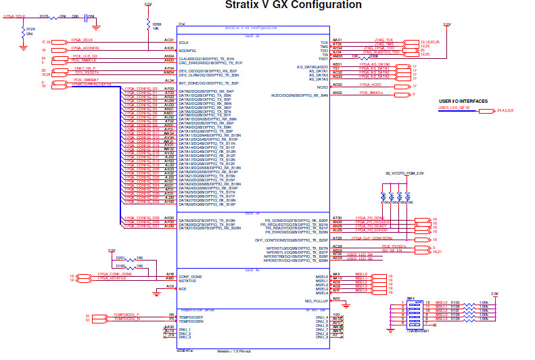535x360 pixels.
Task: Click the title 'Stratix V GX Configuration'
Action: coord(293,5)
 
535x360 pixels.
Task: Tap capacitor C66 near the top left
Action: coord(75,16)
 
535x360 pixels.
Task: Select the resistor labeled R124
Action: coord(24,32)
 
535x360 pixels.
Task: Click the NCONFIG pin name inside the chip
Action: coord(187,49)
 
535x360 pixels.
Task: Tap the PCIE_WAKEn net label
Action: coord(373,93)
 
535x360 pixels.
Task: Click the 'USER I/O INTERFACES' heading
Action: coord(463,101)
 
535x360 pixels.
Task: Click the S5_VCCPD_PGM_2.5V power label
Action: coord(404,173)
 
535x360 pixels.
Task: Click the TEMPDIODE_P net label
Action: coord(127,315)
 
